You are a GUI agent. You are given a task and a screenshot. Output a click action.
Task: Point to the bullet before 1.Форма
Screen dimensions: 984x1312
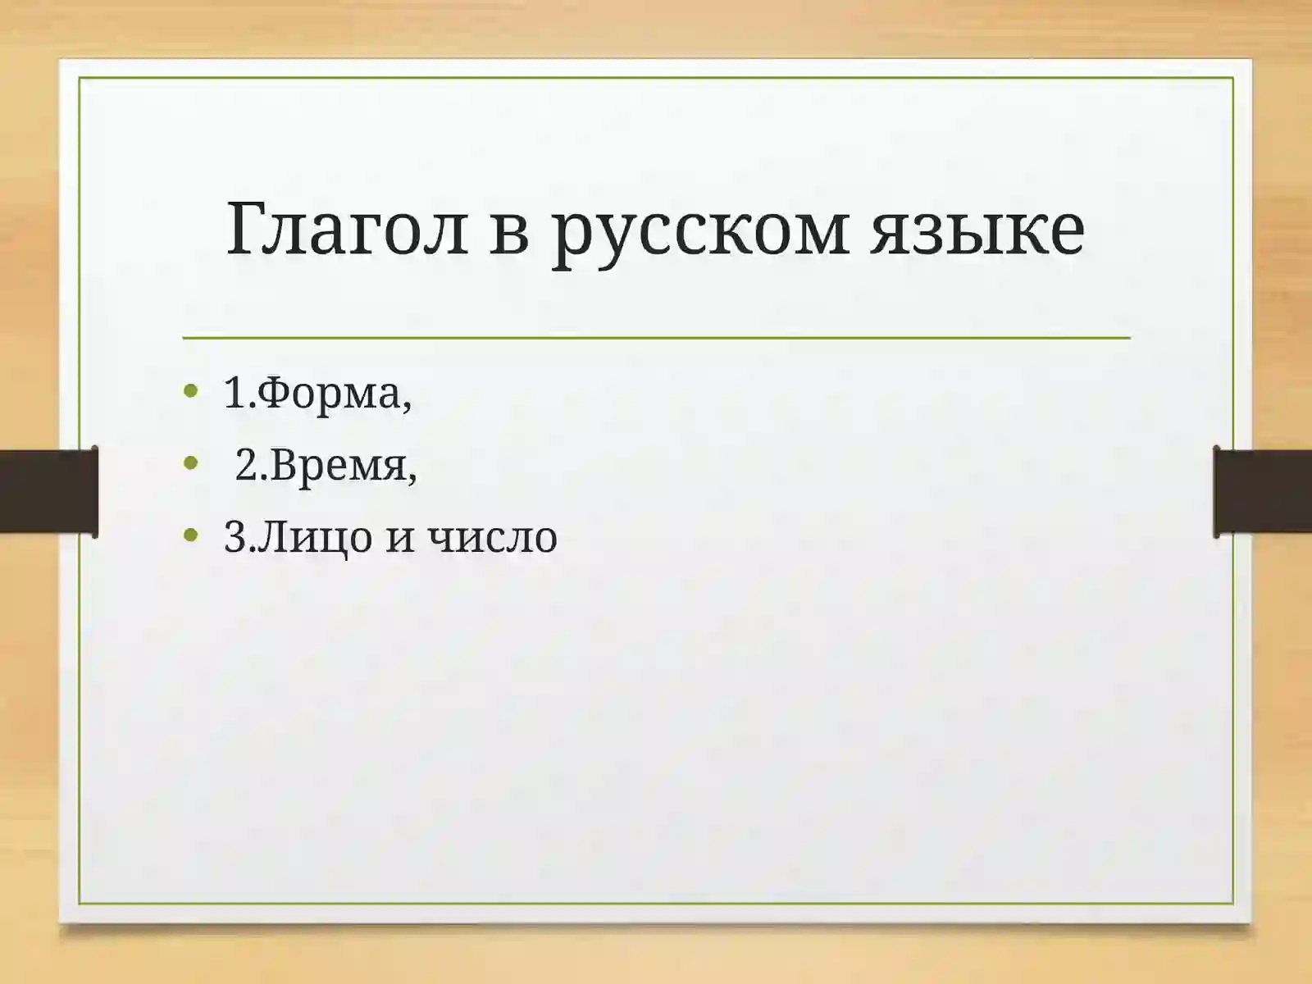pos(191,391)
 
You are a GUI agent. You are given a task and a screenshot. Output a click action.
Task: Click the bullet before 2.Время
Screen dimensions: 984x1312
pos(191,463)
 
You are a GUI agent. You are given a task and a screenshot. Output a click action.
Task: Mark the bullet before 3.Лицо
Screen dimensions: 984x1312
pos(191,536)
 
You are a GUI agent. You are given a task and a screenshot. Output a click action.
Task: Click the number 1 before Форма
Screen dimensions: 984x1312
pos(235,393)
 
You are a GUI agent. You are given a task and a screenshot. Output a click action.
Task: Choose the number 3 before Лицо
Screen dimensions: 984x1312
pos(235,538)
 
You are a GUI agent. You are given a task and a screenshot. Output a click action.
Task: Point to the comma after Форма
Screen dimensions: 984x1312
pos(407,406)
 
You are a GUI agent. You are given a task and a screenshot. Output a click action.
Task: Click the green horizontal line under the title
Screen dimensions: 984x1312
pos(656,337)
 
